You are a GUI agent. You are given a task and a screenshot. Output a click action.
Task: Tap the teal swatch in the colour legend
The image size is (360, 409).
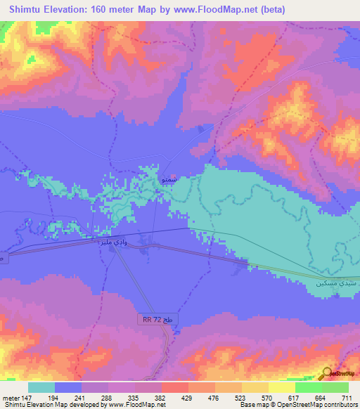pos(41,387)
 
